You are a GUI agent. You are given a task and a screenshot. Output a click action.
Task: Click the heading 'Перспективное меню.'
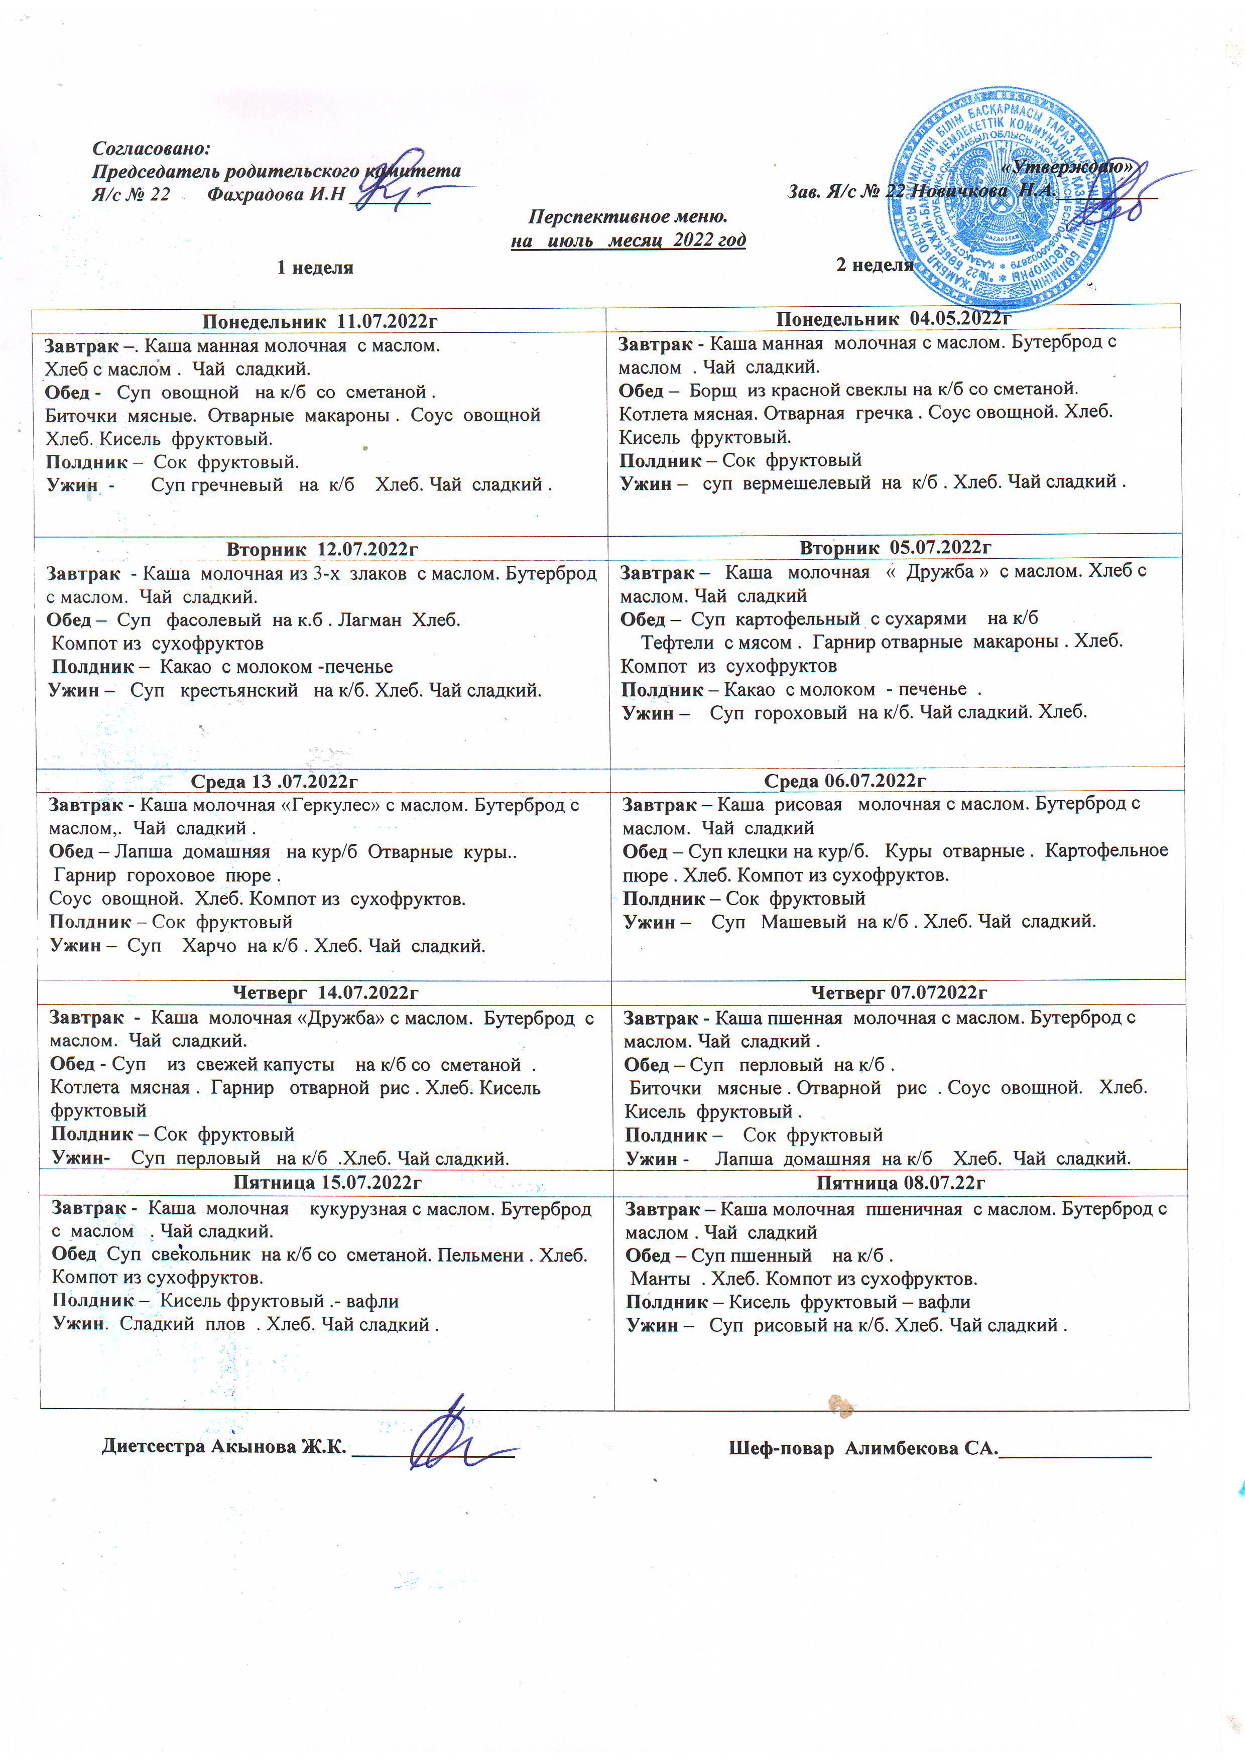(628, 217)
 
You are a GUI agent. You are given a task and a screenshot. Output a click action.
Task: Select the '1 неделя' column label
(315, 268)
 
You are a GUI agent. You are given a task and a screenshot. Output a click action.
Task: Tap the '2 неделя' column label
(875, 265)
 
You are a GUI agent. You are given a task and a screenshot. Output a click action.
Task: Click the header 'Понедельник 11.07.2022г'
(320, 321)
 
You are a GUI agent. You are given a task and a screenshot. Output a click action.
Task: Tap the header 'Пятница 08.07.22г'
(901, 1182)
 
